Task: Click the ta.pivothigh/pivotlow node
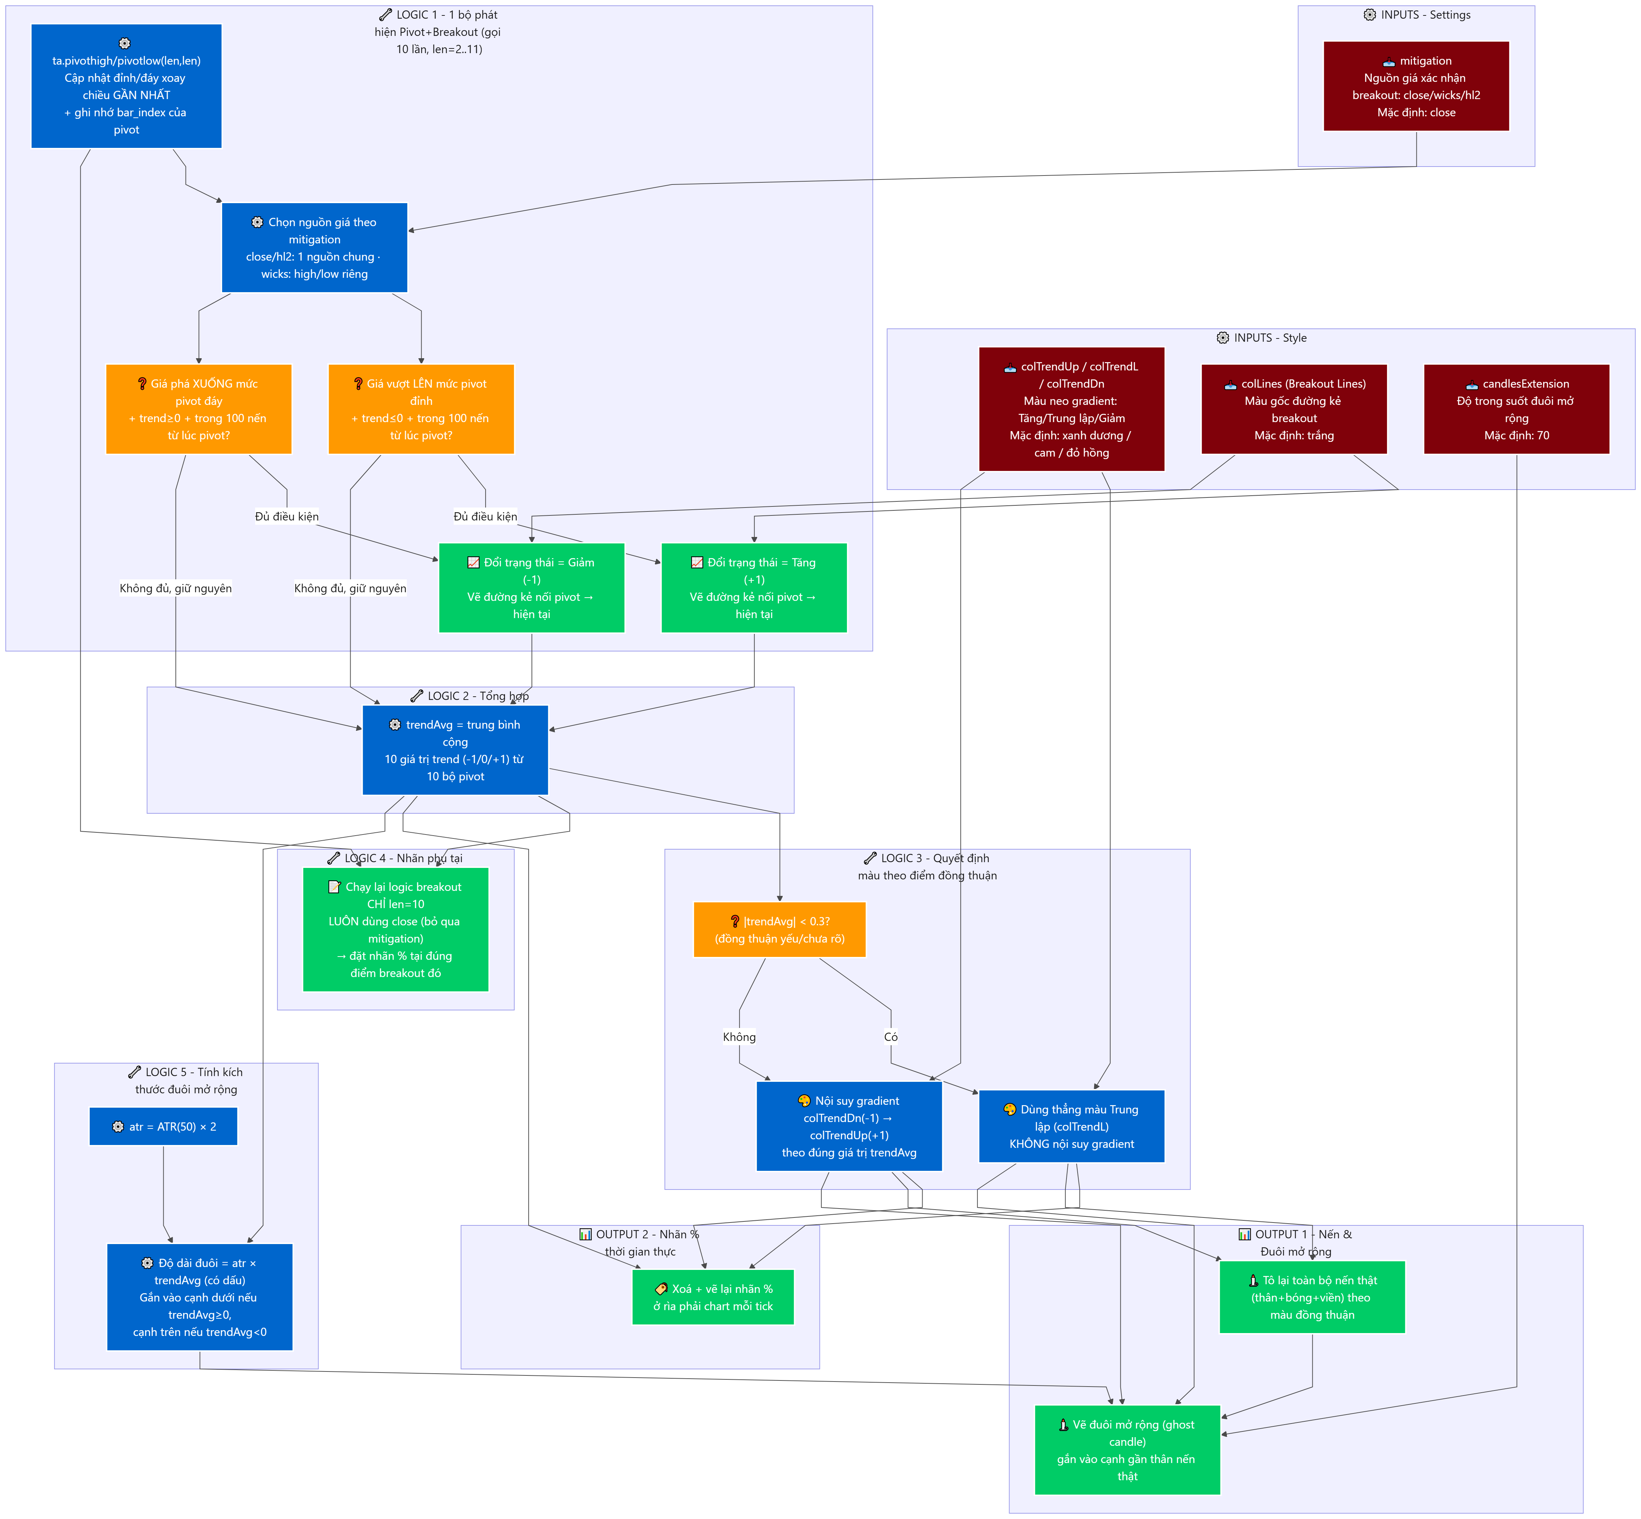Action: (127, 86)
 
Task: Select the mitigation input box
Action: (1416, 86)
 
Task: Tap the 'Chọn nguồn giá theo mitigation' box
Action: (315, 247)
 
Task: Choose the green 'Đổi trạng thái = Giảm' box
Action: (532, 588)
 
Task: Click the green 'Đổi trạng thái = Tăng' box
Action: (754, 588)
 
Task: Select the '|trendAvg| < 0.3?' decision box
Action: (780, 930)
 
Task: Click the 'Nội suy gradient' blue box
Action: (849, 1126)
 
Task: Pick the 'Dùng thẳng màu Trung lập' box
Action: (1072, 1126)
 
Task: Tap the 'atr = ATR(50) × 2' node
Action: (164, 1126)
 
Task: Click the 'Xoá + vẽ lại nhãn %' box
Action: (713, 1297)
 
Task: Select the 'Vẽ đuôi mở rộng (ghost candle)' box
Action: (1127, 1450)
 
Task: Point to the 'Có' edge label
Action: (891, 1037)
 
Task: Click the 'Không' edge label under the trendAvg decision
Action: (740, 1037)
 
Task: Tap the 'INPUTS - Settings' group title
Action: (1417, 15)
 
